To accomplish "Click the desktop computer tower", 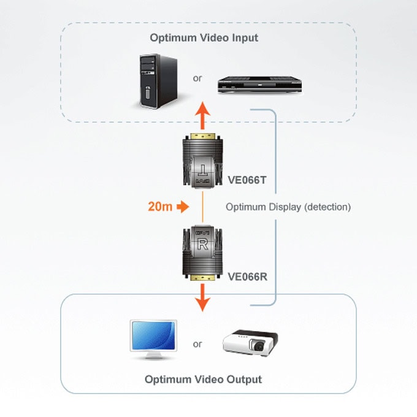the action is coord(158,81).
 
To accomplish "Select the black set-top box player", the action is coord(259,85).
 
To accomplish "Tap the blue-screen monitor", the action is coord(153,340).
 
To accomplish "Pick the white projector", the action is coord(250,343).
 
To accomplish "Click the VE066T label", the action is coord(247,180).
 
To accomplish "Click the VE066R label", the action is coord(247,277).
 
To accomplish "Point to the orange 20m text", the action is coord(160,207).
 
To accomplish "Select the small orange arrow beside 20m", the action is coord(183,207).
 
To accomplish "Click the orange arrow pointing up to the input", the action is coord(202,115).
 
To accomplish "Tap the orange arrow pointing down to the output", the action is coord(202,297).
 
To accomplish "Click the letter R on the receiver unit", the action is coord(202,244).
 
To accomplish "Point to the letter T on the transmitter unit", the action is coord(202,170).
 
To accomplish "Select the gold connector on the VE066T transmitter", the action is coord(202,136).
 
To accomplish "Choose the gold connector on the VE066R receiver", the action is coord(202,278).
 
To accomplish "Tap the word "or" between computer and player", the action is coord(197,78).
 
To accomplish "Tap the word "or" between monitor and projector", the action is coord(197,344).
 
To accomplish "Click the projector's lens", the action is coord(258,346).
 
